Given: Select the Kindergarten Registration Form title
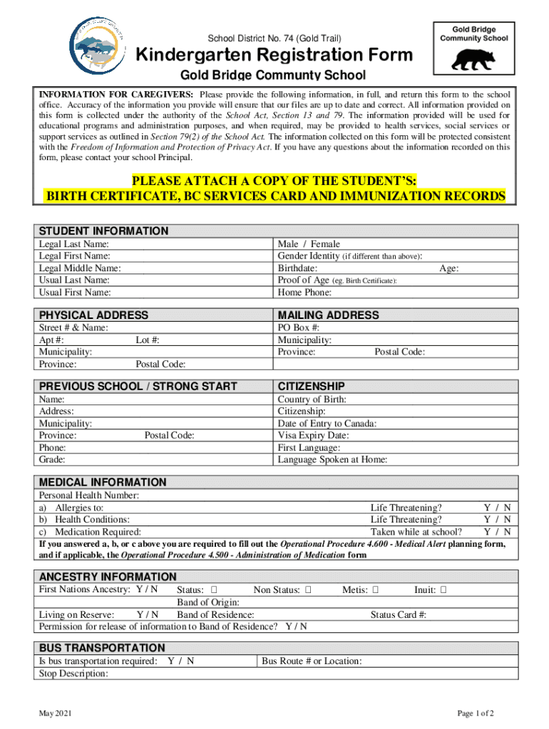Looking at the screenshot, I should click(274, 55).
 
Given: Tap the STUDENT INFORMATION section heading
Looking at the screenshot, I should click(103, 231).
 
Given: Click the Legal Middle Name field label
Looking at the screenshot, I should click(80, 268).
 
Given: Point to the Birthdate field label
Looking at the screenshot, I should click(297, 268).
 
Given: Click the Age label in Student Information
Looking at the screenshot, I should click(448, 268).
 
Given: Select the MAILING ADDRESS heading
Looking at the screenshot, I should click(328, 315).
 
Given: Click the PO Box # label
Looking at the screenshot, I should click(298, 327).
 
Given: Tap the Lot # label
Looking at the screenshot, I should click(148, 340).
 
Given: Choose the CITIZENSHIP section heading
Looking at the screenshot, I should click(311, 386).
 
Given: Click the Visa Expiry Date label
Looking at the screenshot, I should click(313, 436).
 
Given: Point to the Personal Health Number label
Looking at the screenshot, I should click(89, 495).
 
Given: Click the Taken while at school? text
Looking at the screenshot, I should click(416, 532).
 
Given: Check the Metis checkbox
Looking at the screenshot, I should click(376, 590).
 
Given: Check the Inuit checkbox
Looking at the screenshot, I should click(443, 590).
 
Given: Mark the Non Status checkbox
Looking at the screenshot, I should click(308, 590).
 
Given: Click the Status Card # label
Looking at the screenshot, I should click(399, 615).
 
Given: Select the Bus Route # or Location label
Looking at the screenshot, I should click(312, 661).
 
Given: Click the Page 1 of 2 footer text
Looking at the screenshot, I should click(476, 713).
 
